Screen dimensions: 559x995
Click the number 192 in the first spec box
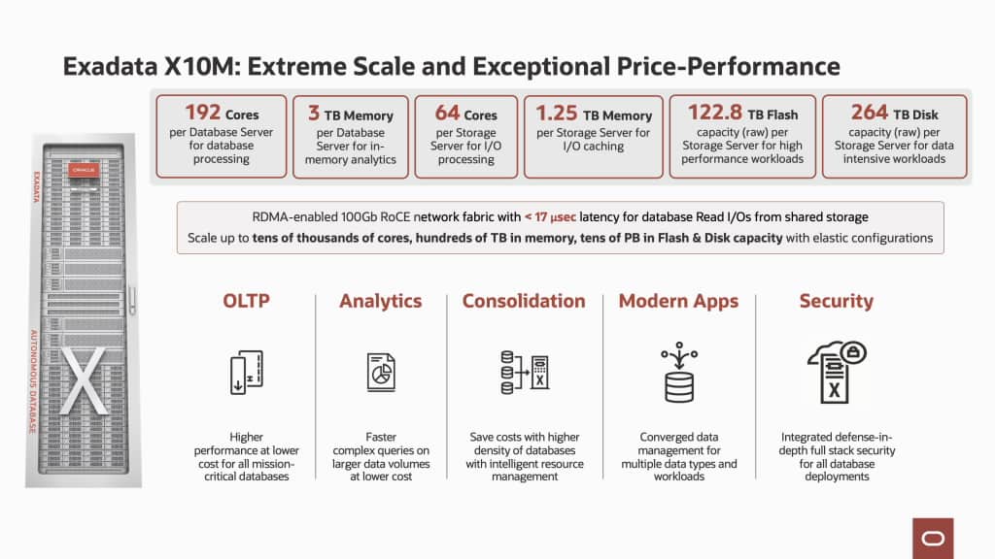203,114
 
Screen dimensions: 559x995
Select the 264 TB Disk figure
870,113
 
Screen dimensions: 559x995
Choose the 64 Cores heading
461,114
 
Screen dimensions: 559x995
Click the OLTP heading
246,301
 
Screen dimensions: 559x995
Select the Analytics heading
380,301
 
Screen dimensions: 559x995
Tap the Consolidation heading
524,301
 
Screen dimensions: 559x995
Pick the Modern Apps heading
678,301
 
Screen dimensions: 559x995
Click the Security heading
836,301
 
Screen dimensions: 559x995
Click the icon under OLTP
246,374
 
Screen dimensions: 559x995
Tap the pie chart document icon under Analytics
380,373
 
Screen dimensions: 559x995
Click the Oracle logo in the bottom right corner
933,538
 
